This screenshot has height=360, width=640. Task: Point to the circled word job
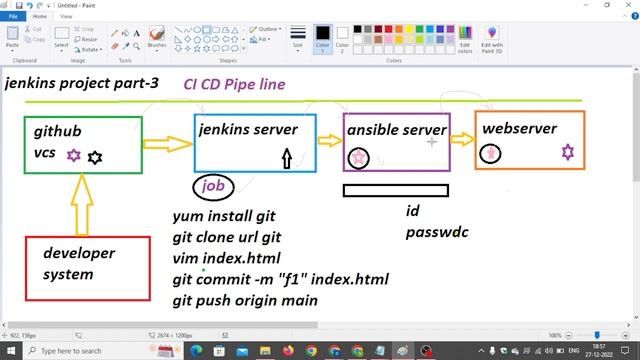pos(213,186)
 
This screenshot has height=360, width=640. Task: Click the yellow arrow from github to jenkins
pos(167,144)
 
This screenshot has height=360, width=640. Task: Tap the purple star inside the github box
pos(73,156)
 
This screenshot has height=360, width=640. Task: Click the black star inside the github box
pos(95,157)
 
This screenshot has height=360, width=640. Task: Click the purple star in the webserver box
pos(568,152)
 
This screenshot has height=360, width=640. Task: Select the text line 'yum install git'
pos(224,215)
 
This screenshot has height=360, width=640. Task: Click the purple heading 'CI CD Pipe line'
pos(234,84)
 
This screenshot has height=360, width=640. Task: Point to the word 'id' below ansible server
pos(412,211)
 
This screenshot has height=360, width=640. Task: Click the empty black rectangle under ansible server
pos(395,190)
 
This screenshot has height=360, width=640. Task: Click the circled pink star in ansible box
pos(358,158)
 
